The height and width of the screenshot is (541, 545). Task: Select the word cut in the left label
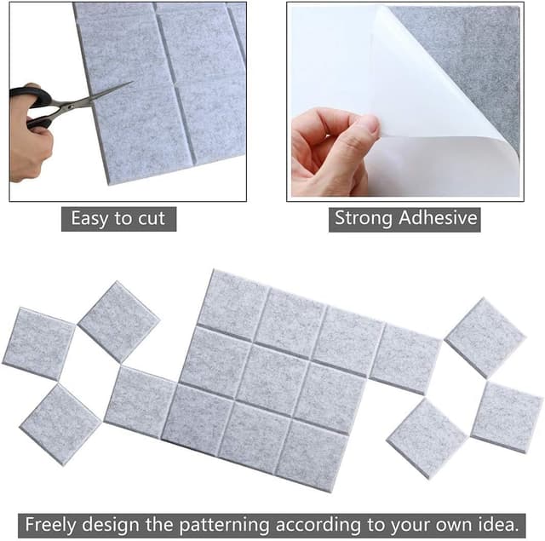(x=151, y=218)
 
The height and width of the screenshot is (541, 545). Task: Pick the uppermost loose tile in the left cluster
(x=118, y=321)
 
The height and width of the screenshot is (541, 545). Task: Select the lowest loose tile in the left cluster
(x=60, y=423)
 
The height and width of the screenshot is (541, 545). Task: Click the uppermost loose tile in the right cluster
(x=485, y=337)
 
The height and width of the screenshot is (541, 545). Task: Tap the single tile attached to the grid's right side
(x=404, y=359)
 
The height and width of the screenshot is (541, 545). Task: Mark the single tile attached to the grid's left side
(x=140, y=401)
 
